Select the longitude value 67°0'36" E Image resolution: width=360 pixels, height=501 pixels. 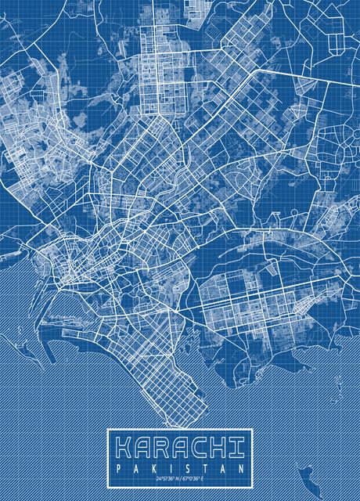195,478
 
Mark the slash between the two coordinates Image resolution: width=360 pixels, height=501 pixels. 182,478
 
